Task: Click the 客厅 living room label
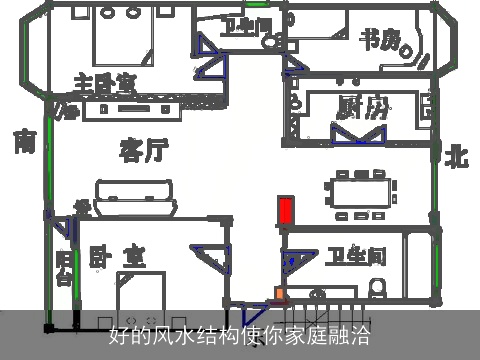coord(143,151)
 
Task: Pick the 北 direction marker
coord(457,156)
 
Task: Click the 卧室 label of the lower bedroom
coord(115,257)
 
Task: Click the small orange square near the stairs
coord(280,294)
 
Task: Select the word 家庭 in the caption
coord(306,336)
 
